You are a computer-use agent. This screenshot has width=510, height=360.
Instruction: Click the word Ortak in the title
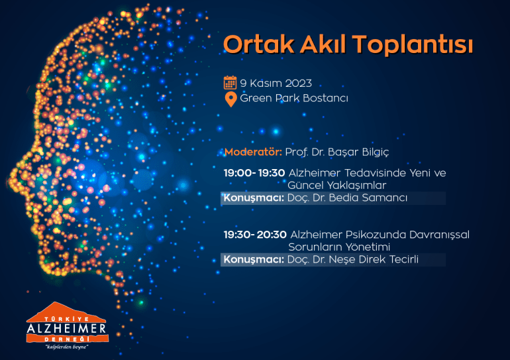[258, 44]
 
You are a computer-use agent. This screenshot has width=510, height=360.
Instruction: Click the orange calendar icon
[230, 82]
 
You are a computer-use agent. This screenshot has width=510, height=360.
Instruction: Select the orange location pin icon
[230, 99]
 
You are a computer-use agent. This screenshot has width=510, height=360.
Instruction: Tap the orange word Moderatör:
[253, 152]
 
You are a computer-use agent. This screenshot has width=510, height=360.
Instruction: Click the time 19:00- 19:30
[254, 173]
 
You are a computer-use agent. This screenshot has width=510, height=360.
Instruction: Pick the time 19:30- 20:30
[255, 235]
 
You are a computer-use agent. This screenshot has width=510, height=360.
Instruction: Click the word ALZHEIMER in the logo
[66, 328]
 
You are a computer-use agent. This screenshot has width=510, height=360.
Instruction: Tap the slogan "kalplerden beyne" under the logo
[67, 347]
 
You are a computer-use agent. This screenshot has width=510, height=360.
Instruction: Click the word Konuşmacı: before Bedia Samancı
[254, 198]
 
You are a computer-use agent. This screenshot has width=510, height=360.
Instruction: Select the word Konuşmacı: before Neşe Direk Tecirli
[254, 259]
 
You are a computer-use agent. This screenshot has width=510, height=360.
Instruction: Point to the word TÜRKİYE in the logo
[66, 320]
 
